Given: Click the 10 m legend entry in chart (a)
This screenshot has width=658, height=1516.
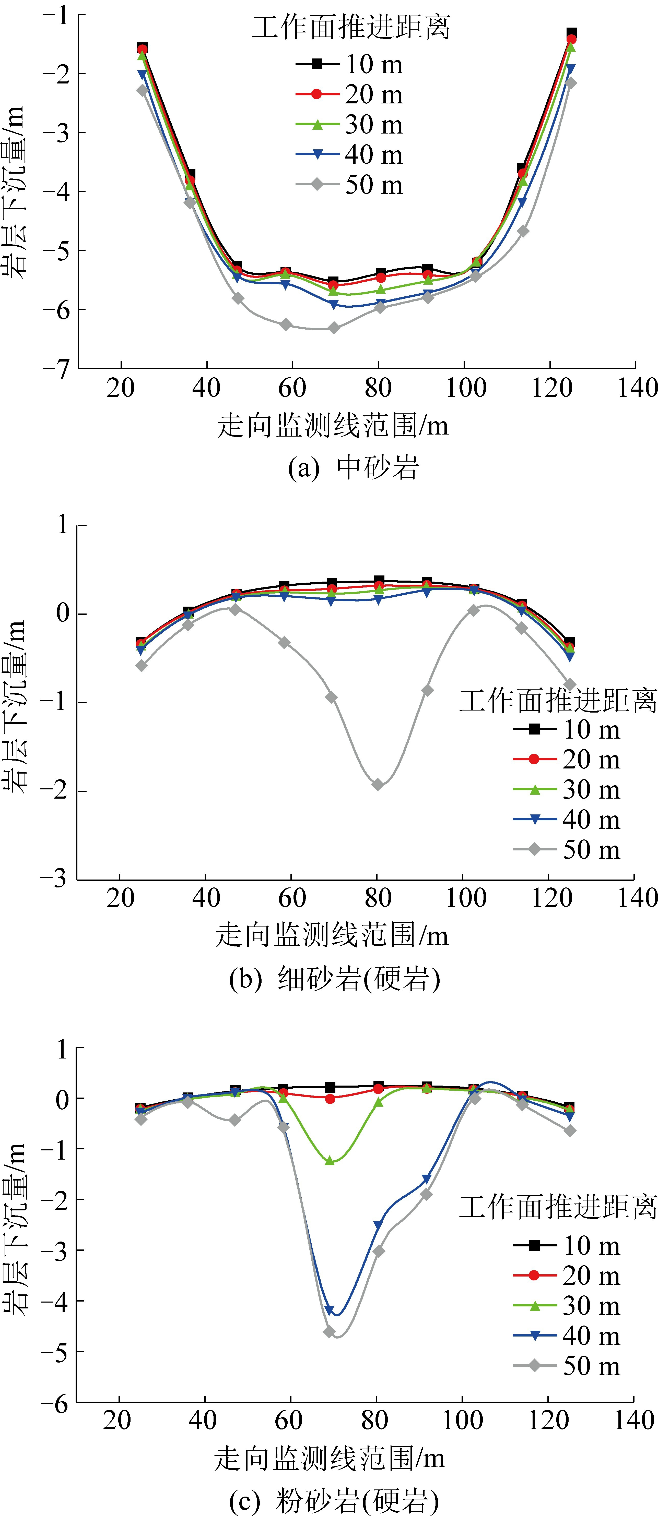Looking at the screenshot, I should [350, 64].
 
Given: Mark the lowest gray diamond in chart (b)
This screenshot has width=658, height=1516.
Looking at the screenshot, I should [378, 785].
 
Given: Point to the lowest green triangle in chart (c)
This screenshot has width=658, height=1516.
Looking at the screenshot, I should [330, 1161].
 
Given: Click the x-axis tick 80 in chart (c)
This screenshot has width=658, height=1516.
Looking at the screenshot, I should [374, 1420].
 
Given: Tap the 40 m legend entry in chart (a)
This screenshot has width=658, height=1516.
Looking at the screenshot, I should [350, 154].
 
